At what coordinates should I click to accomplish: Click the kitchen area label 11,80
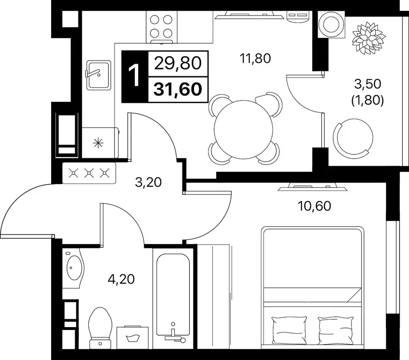point(255,58)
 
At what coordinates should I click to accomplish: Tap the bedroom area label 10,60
point(314,206)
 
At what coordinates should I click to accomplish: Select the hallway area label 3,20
point(148,182)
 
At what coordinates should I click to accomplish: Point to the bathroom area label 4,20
point(121,279)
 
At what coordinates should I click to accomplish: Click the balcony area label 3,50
point(368,84)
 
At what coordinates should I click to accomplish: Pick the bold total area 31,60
point(178,89)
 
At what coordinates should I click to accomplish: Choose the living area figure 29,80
point(178,63)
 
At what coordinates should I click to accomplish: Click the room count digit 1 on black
point(135,76)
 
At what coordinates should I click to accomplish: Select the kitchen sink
point(98,76)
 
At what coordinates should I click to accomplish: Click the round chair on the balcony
point(353,138)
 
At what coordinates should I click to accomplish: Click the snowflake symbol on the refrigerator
point(98,143)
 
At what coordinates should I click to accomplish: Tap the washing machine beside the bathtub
point(132,337)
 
